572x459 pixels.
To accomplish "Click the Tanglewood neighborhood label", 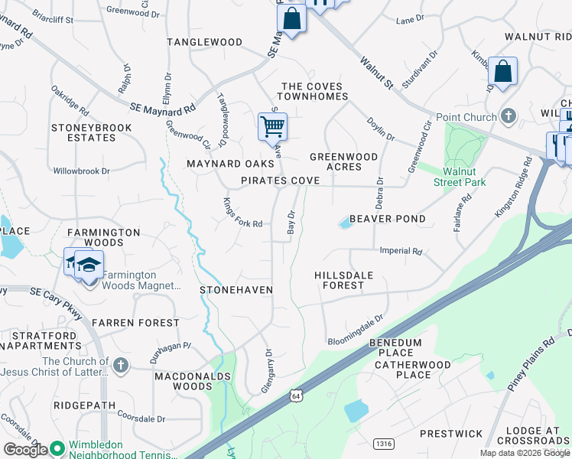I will [204, 42].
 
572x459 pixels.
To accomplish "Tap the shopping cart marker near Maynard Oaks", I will [272, 126].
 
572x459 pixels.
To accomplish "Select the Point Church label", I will [466, 117].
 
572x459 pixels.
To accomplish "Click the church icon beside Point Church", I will [508, 116].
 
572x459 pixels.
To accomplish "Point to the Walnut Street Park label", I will [458, 177].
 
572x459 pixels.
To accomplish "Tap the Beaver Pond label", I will [388, 219].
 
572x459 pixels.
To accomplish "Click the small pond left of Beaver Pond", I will [346, 223].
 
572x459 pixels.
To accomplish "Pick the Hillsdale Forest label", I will [339, 280].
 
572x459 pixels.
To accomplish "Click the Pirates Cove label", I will [281, 181].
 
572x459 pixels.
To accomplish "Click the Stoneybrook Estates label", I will [83, 132].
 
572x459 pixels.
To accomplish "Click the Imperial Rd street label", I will [401, 251].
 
